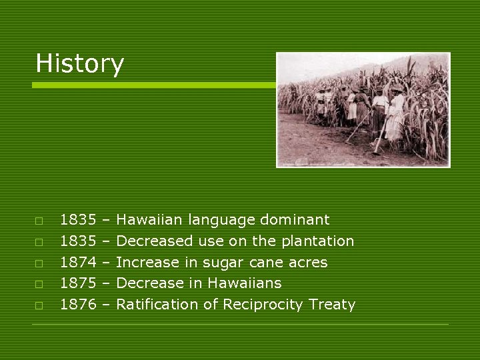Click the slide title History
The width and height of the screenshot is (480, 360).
[x=79, y=64]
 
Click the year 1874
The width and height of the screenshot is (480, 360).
[x=78, y=263]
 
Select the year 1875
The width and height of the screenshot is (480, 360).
[x=78, y=283]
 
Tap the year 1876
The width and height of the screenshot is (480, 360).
[x=78, y=305]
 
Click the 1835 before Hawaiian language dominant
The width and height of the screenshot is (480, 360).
[x=78, y=220]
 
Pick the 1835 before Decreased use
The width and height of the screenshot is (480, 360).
[x=78, y=241]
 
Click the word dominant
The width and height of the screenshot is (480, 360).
[x=295, y=220]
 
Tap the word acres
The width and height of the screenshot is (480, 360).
[x=306, y=263]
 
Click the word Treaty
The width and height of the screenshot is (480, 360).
[x=332, y=305]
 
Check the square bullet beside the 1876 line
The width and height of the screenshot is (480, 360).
[x=39, y=305]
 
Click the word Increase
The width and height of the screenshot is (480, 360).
[x=147, y=263]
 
